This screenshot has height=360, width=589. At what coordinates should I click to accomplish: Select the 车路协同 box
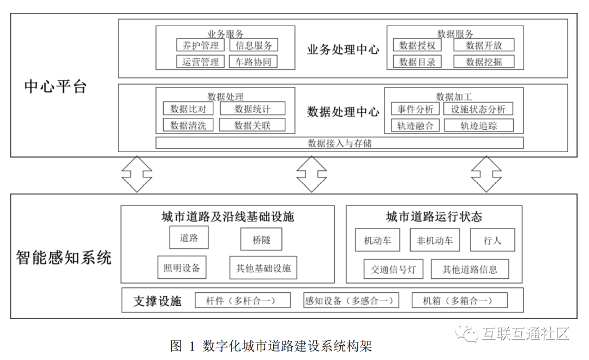pyautogui.click(x=253, y=62)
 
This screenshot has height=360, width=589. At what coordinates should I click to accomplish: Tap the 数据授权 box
pyautogui.click(x=417, y=45)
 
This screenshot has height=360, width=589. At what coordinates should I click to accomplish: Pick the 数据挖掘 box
pyautogui.click(x=484, y=62)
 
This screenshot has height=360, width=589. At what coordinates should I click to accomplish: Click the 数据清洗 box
pyautogui.click(x=188, y=125)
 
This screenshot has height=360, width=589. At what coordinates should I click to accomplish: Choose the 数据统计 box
pyautogui.click(x=253, y=109)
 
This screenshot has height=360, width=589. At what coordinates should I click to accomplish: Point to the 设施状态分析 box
pyautogui.click(x=478, y=109)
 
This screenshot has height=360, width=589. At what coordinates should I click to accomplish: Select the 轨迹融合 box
pyautogui.click(x=416, y=125)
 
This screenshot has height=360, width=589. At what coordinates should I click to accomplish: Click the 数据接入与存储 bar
pyautogui.click(x=340, y=143)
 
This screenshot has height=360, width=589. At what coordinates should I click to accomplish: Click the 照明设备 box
pyautogui.click(x=182, y=268)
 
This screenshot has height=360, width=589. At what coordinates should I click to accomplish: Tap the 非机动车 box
pyautogui.click(x=435, y=240)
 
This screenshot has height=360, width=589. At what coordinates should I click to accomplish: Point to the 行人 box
pyautogui.click(x=492, y=240)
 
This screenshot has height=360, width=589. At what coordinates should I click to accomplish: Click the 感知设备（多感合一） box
pyautogui.click(x=351, y=301)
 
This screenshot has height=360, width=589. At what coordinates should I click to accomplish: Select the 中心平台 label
pyautogui.click(x=56, y=86)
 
